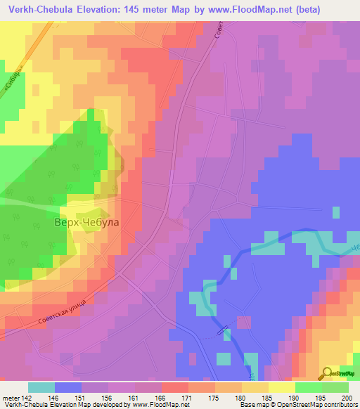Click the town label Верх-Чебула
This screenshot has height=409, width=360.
(86, 222)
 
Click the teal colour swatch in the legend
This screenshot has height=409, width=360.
(41, 387)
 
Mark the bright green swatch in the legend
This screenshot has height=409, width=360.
(308, 387)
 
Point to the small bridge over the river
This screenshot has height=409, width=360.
(224, 329)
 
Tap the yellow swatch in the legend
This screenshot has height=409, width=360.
(281, 387)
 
